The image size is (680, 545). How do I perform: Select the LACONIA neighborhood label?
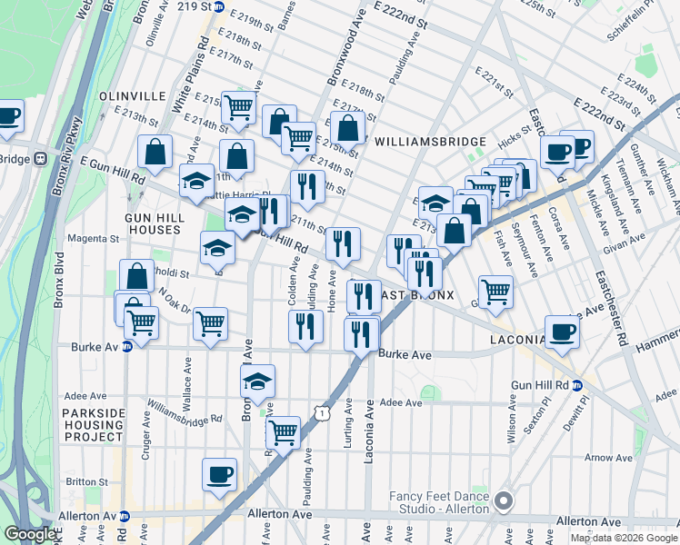515,339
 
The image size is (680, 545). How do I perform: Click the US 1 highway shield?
320,412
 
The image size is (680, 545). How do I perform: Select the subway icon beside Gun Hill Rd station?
589,385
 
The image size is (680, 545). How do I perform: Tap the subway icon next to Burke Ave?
127,346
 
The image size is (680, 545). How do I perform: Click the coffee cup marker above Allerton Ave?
218,475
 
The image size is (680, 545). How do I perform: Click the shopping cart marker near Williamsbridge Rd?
284,432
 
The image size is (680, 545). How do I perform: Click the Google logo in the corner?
30,534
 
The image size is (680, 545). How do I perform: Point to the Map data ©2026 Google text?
623,538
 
